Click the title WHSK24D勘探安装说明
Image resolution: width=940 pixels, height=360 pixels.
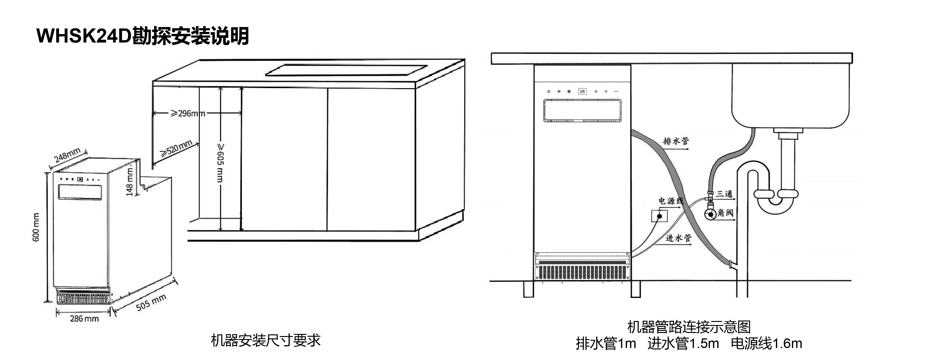click(x=143, y=36)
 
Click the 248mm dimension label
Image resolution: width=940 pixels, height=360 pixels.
click(x=67, y=155)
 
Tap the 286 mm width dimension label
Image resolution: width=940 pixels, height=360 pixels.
click(x=84, y=319)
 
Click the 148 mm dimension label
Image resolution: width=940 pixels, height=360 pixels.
click(x=129, y=182)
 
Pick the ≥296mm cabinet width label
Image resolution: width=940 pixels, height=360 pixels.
click(x=188, y=113)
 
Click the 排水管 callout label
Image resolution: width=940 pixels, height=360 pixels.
click(x=675, y=141)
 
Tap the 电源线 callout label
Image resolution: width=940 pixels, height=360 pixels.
click(x=670, y=201)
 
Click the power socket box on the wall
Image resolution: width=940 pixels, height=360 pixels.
click(x=659, y=216)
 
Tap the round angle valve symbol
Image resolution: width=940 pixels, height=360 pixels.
click(x=710, y=214)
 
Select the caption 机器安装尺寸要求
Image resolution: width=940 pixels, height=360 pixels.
click(x=266, y=340)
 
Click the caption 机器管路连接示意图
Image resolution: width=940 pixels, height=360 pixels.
click(x=689, y=327)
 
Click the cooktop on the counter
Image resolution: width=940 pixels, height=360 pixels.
click(x=346, y=70)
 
